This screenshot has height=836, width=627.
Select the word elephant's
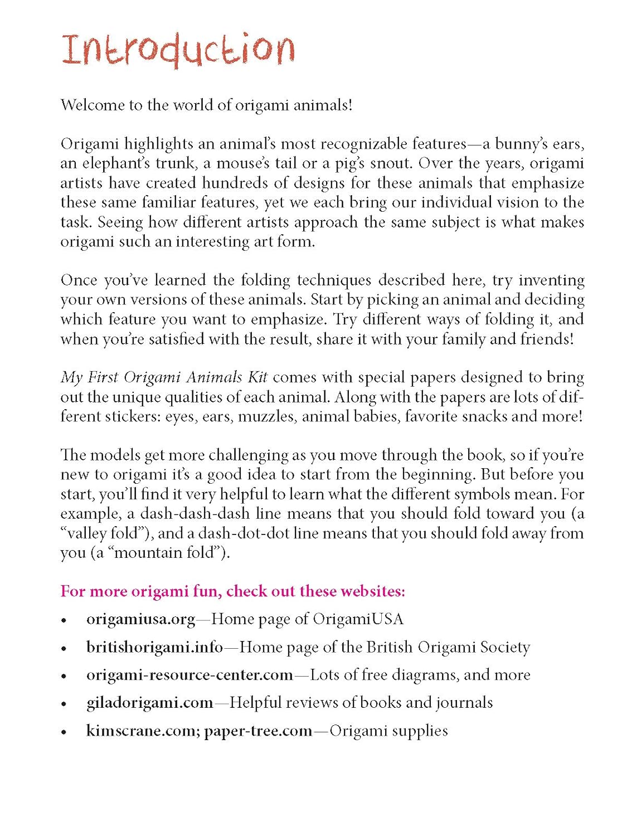[x=116, y=163]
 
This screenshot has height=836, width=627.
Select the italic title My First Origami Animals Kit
[x=164, y=377]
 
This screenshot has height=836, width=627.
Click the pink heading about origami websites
[x=233, y=591]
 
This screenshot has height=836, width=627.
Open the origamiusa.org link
[x=141, y=619]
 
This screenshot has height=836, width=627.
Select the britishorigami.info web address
[x=154, y=647]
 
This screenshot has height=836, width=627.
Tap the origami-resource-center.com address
[x=189, y=675]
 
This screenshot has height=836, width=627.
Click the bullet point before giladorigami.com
[x=65, y=704]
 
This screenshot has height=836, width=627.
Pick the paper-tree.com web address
[x=258, y=731]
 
